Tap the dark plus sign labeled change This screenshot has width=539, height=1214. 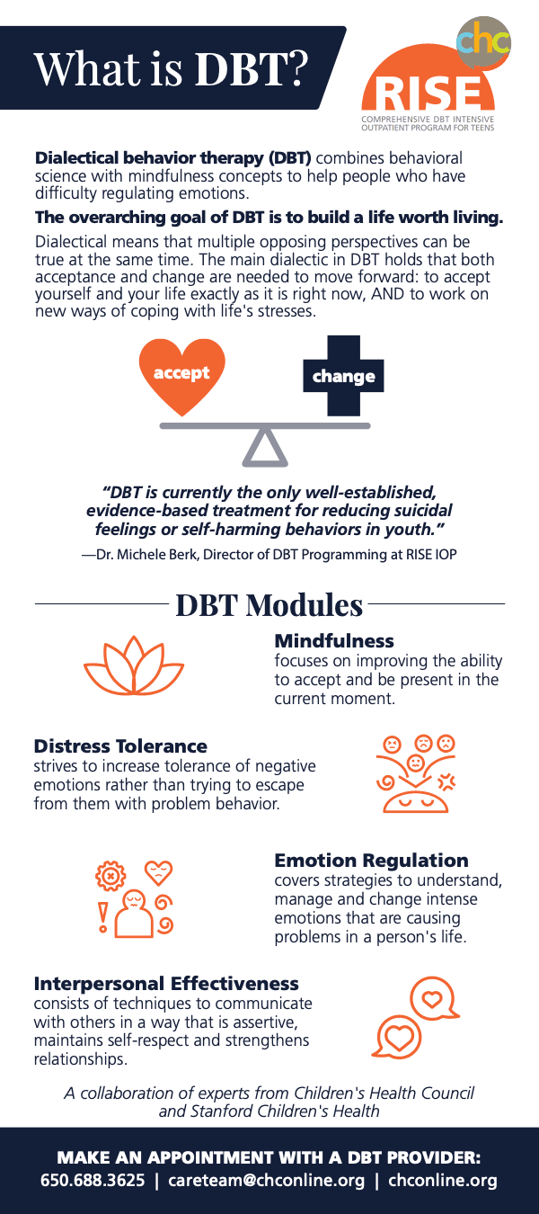pyautogui.click(x=343, y=376)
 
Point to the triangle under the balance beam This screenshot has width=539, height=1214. pyautogui.click(x=265, y=448)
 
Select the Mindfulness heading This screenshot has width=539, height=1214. pyautogui.click(x=334, y=641)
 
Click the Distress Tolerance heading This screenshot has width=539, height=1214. pyautogui.click(x=120, y=746)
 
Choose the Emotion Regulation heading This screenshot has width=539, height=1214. pyautogui.click(x=371, y=861)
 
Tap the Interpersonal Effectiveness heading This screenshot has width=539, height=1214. pyautogui.click(x=166, y=984)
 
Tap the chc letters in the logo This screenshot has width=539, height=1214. pyautogui.click(x=483, y=41)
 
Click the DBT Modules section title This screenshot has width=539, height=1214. pyautogui.click(x=269, y=605)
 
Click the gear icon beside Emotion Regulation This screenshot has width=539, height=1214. pyautogui.click(x=110, y=874)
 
